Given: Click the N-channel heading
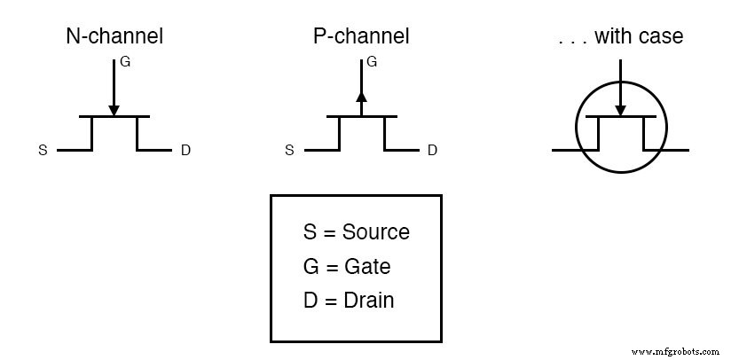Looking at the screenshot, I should [x=114, y=36].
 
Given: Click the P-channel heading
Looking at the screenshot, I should [x=361, y=36].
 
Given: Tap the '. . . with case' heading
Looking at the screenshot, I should [x=619, y=36].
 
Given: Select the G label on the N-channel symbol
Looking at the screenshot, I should [x=125, y=63].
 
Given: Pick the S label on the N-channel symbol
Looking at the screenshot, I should [x=43, y=151].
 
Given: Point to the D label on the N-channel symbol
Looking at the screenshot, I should [x=185, y=151].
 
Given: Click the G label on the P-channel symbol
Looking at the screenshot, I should [x=372, y=63].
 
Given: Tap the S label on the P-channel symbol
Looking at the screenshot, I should [x=289, y=151].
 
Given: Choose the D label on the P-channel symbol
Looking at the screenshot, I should [x=432, y=151].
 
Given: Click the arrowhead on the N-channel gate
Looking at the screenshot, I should [x=114, y=110].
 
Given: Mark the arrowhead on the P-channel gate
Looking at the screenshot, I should [x=361, y=98].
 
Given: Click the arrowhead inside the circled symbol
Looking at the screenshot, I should [x=620, y=110].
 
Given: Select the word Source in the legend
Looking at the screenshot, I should [x=376, y=233].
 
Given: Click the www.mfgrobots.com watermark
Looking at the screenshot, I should [x=675, y=351].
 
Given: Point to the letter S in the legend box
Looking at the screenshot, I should [x=310, y=233].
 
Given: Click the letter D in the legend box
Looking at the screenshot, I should [x=310, y=301].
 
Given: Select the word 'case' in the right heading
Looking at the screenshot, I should [x=662, y=37].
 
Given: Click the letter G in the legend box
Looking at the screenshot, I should [x=311, y=267].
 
